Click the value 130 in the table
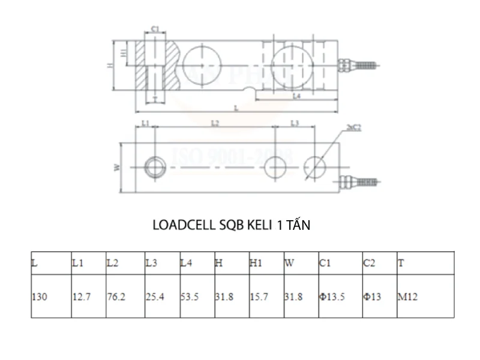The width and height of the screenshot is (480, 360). pyautogui.click(x=40, y=297)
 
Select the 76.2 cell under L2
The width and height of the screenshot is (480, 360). pyautogui.click(x=116, y=297)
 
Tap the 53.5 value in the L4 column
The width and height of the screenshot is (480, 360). pyautogui.click(x=190, y=297)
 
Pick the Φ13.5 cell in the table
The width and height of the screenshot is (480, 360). pyautogui.click(x=332, y=297)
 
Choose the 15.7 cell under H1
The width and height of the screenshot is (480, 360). pyautogui.click(x=259, y=297)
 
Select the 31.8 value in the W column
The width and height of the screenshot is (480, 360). pyautogui.click(x=293, y=297)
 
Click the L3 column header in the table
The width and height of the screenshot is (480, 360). pyautogui.click(x=151, y=263)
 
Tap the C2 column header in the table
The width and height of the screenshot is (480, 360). pyautogui.click(x=369, y=263)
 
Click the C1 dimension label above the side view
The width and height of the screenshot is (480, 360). pyautogui.click(x=154, y=28)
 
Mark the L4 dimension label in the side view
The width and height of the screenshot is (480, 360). pyautogui.click(x=296, y=96)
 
